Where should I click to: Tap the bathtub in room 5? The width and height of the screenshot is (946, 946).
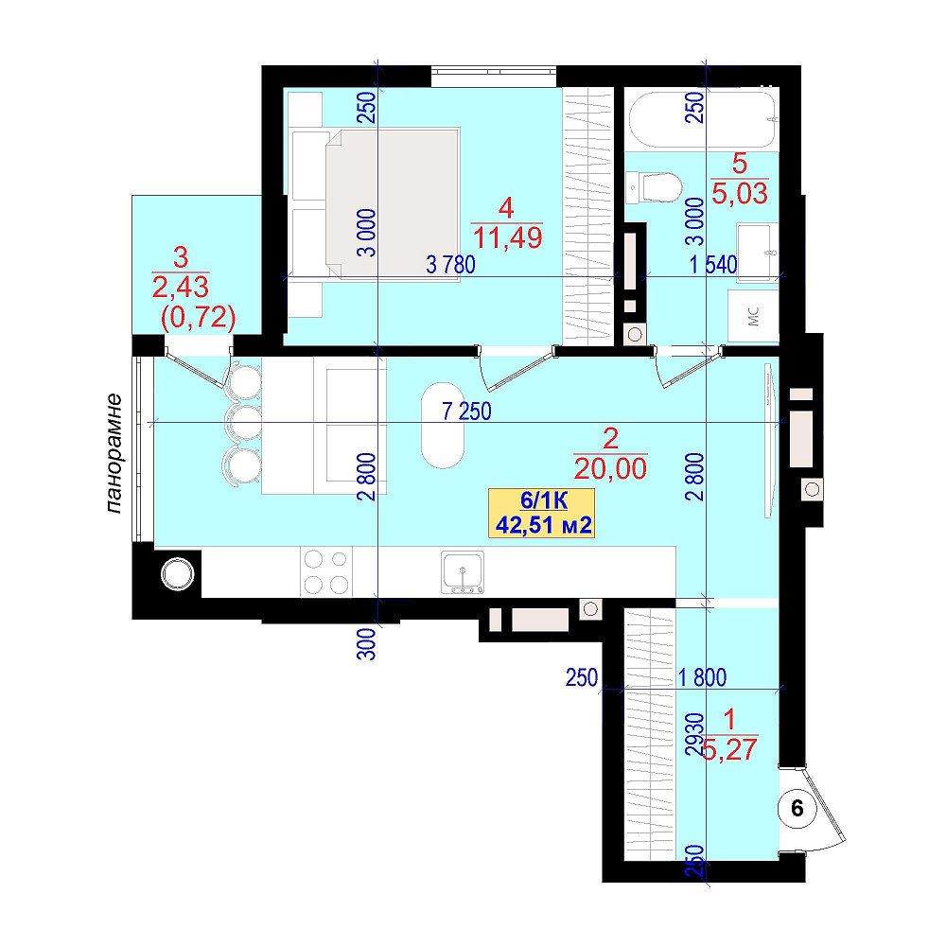coord(702,119)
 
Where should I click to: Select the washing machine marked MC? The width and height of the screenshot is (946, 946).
coord(752,316)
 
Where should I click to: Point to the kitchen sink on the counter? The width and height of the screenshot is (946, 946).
coord(463,572)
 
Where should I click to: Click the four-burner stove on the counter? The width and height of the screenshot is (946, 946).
coord(326,572)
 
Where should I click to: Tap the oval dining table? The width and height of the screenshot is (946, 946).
coord(443,425)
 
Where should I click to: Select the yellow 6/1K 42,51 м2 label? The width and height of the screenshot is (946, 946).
coord(542,513)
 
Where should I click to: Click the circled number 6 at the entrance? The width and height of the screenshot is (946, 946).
coord(797,808)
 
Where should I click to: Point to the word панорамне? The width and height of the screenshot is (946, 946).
coord(114,453)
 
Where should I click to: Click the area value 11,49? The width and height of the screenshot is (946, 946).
coord(507,237)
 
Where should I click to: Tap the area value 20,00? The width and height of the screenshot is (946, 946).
coord(610,468)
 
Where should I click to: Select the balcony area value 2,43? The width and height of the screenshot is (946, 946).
coord(181,288)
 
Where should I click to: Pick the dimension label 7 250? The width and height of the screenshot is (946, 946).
coord(467,412)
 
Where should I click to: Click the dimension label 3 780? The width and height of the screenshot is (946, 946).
coord(450,264)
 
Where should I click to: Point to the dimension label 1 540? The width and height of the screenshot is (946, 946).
coord(713,264)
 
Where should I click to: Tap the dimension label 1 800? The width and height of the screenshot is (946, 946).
coord(702,677)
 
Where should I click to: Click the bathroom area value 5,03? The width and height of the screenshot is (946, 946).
coord(740,193)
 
